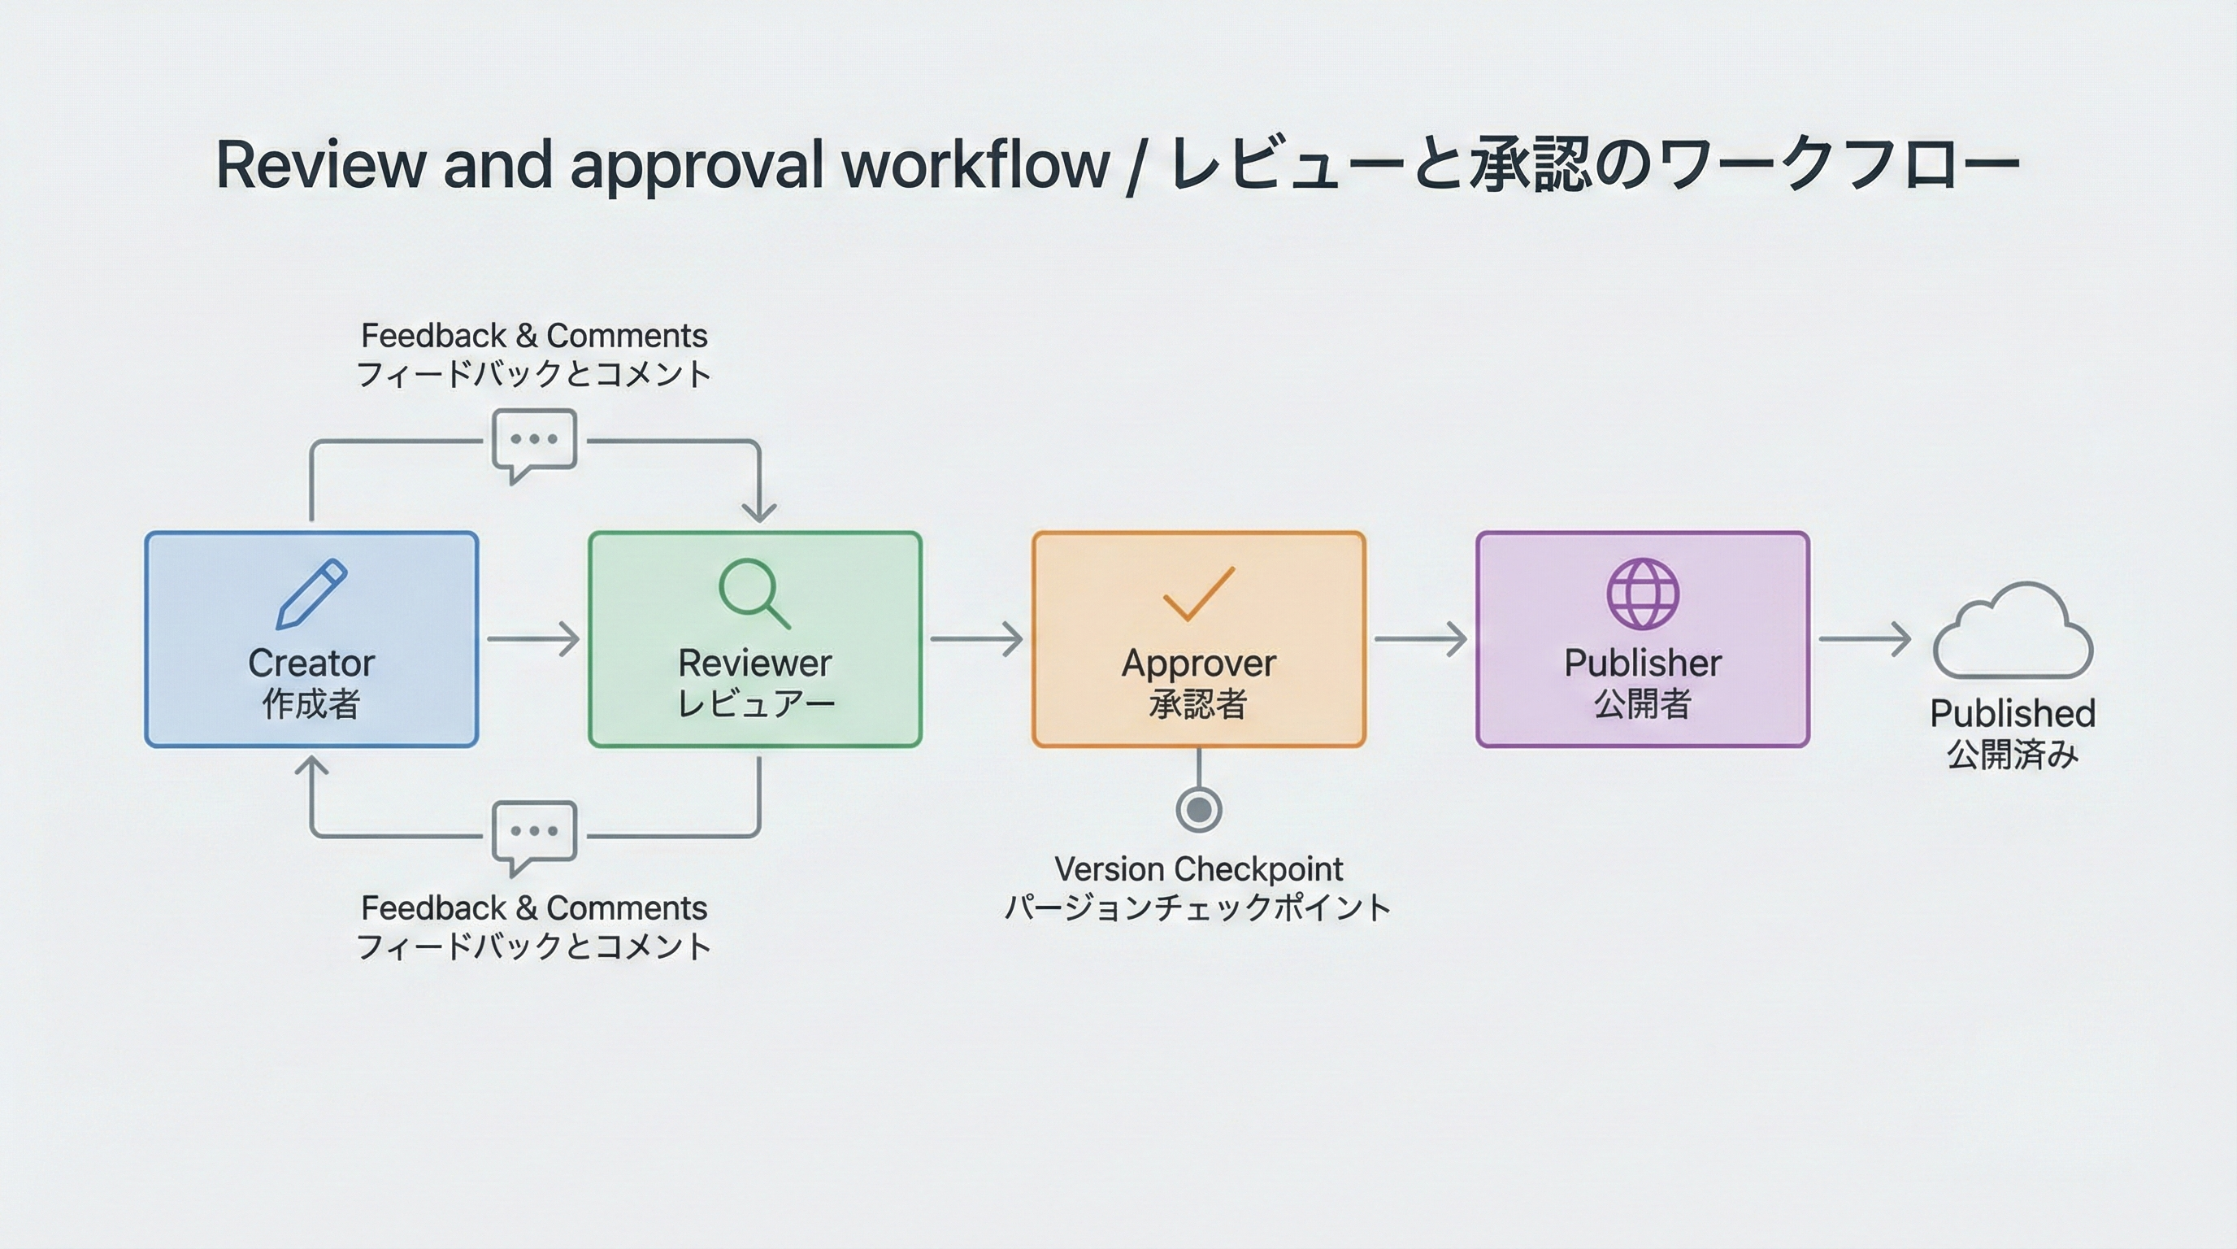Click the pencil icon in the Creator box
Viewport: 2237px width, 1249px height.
[311, 594]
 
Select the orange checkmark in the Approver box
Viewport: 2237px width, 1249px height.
[1198, 594]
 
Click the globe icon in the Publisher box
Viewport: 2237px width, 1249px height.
[1642, 594]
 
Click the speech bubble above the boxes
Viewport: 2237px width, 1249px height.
[534, 442]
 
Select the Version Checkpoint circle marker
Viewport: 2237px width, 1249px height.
[1198, 810]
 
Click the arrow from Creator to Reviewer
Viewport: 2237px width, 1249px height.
[533, 639]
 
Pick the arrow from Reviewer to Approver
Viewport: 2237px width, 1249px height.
[977, 639]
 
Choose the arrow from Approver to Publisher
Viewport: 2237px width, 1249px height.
[1421, 639]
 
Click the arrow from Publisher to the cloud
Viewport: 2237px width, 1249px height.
[1865, 639]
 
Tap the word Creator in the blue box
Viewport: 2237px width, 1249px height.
[311, 664]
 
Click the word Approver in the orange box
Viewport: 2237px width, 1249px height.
[1198, 664]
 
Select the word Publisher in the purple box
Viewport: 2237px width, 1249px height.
[1642, 664]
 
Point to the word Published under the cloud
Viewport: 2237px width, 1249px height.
[2012, 714]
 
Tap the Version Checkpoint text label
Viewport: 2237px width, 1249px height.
[1198, 869]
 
